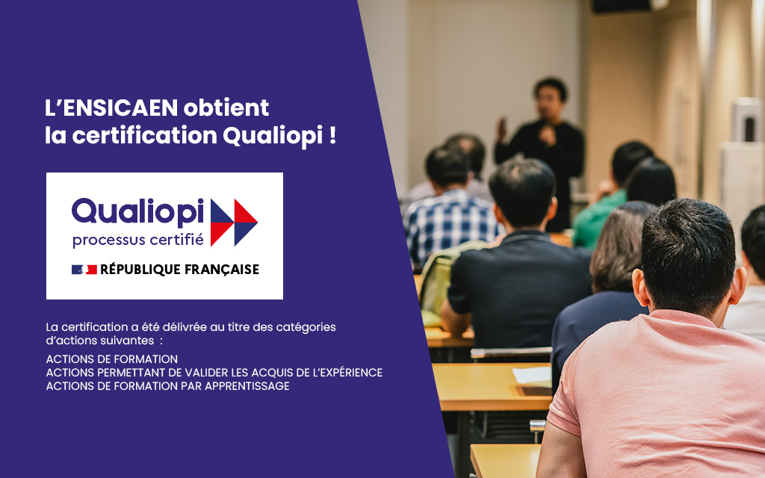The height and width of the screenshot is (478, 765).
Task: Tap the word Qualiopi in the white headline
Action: pos(273,136)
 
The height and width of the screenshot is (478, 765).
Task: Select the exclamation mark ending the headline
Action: pos(332,135)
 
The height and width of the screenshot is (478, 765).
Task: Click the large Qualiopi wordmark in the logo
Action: pos(137,212)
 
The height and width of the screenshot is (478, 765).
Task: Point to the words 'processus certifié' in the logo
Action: pos(137,240)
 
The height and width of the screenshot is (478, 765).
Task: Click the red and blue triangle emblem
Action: pos(234,223)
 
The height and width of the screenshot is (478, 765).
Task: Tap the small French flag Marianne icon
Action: pos(84,269)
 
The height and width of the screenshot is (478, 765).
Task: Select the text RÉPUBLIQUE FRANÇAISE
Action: pos(179,269)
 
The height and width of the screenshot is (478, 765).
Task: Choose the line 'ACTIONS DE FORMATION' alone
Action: pos(112,359)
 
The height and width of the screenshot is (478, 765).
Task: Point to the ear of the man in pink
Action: pos(639,288)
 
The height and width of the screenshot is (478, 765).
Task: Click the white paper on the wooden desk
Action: pos(532,375)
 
